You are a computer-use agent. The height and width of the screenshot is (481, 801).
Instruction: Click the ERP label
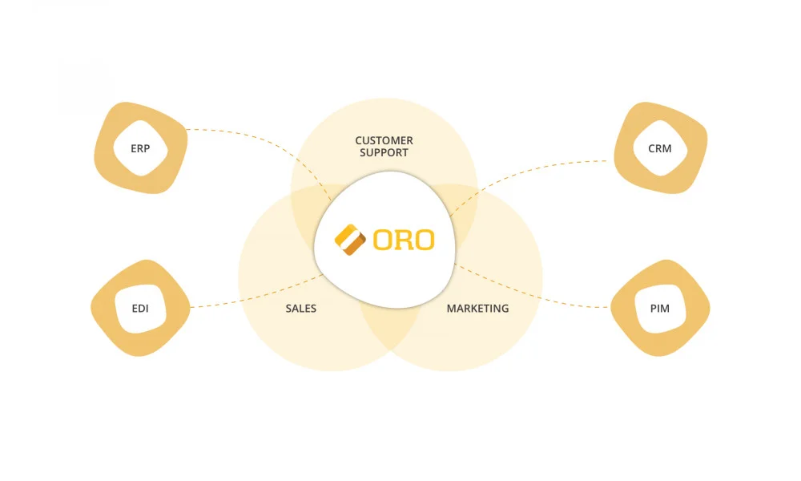pyautogui.click(x=140, y=148)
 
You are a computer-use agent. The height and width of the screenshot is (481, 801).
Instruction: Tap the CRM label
pyautogui.click(x=659, y=148)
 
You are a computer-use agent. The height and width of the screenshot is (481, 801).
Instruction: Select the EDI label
pyautogui.click(x=140, y=309)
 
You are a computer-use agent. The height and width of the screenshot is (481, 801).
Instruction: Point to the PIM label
pyautogui.click(x=659, y=308)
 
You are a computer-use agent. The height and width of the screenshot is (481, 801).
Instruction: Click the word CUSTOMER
pyautogui.click(x=384, y=141)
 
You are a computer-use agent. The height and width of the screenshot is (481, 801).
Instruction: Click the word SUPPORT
pyautogui.click(x=384, y=153)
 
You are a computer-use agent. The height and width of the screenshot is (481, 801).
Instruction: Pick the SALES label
pyautogui.click(x=300, y=309)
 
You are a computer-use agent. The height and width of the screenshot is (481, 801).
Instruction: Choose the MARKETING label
pyautogui.click(x=477, y=309)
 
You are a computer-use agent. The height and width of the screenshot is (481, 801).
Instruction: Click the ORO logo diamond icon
pyautogui.click(x=349, y=240)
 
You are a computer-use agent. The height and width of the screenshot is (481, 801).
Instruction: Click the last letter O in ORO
pyautogui.click(x=424, y=240)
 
